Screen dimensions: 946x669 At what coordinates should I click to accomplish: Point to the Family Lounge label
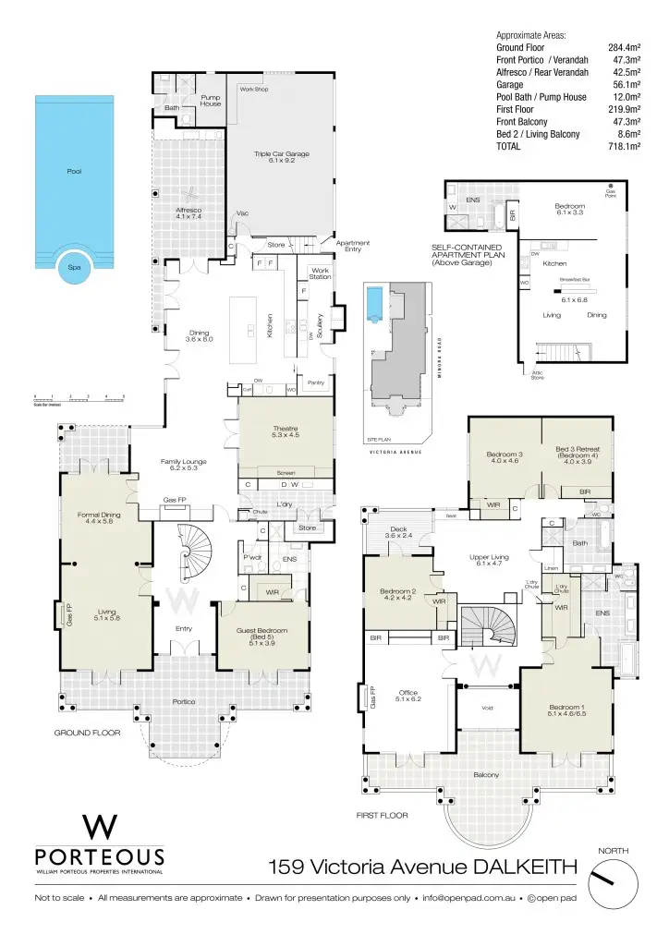tap(182, 465)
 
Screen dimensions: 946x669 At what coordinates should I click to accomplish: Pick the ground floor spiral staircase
tap(194, 552)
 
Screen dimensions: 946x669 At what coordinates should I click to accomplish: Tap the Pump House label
tap(211, 100)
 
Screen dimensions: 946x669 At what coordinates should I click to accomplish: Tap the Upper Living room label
tap(488, 560)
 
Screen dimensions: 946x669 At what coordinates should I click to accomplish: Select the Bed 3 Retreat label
tap(577, 454)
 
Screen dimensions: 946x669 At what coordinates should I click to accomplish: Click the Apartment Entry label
tap(352, 246)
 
